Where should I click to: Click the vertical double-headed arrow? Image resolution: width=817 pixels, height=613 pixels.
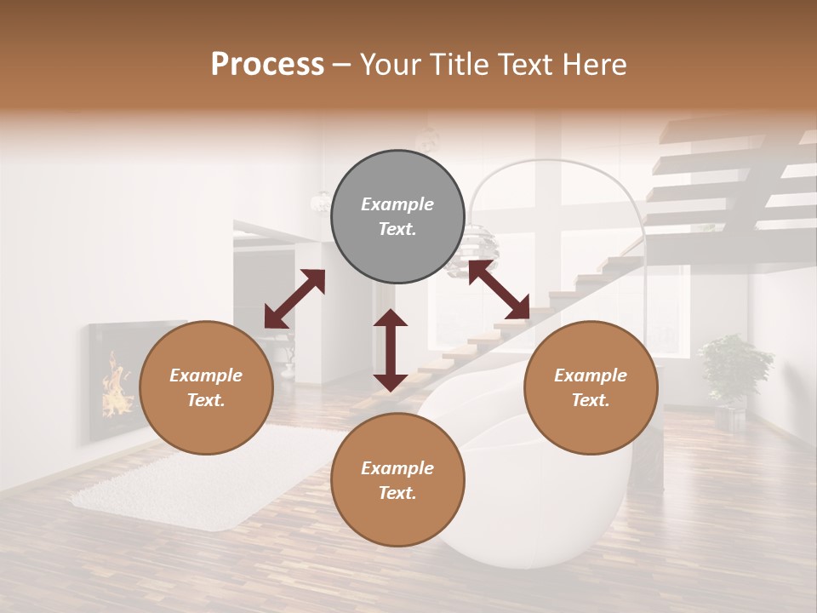391,350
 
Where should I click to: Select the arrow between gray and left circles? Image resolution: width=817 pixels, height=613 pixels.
294,299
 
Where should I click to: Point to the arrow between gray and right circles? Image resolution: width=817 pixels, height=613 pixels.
499,290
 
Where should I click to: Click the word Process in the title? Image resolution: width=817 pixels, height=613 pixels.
267,65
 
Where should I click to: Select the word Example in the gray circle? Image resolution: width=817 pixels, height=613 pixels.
397,204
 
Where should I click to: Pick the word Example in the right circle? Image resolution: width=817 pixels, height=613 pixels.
591,375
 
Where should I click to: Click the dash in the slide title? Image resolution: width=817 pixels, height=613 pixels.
342,66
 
